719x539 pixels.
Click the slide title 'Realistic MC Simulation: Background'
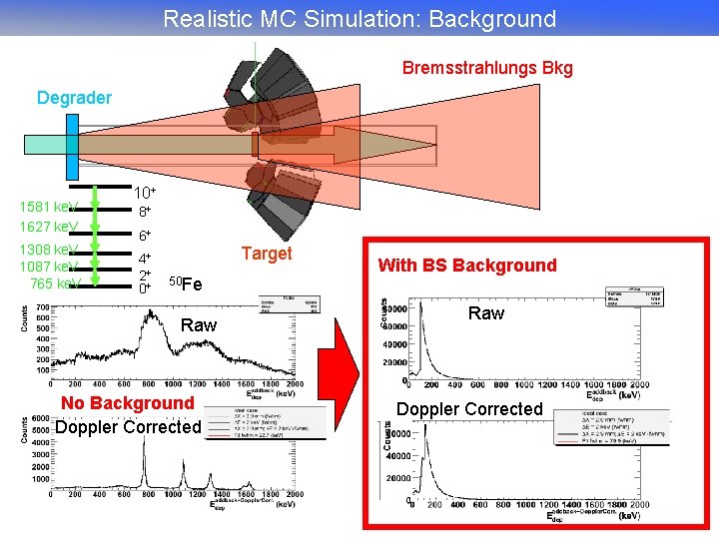click(359, 18)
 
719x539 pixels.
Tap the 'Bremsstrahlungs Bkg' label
click(487, 68)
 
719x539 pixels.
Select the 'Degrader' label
click(74, 98)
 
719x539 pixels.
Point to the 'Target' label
click(266, 254)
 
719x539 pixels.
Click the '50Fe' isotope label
click(185, 283)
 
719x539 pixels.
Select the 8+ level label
click(145, 213)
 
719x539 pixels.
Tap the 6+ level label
click(145, 237)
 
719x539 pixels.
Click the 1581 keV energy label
click(49, 207)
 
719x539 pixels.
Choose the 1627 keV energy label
click(49, 227)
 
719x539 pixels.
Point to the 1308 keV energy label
click(49, 249)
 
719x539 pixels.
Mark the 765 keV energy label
click(55, 284)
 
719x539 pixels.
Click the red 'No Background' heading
click(128, 402)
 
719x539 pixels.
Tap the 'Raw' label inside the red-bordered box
click(486, 313)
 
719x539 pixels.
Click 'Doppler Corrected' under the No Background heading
click(128, 427)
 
